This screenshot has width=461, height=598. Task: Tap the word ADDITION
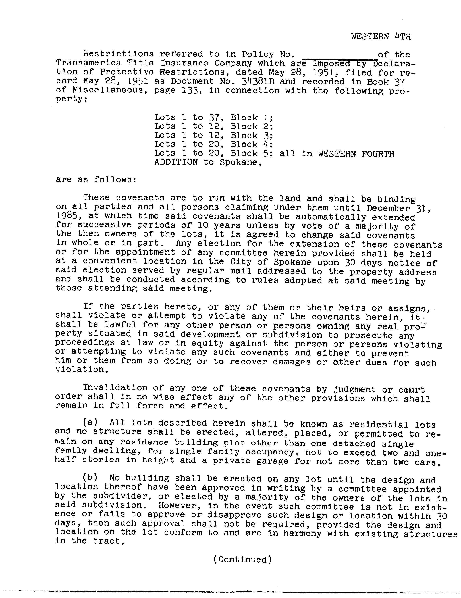pos(176,162)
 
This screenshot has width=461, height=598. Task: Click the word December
pos(389,208)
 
